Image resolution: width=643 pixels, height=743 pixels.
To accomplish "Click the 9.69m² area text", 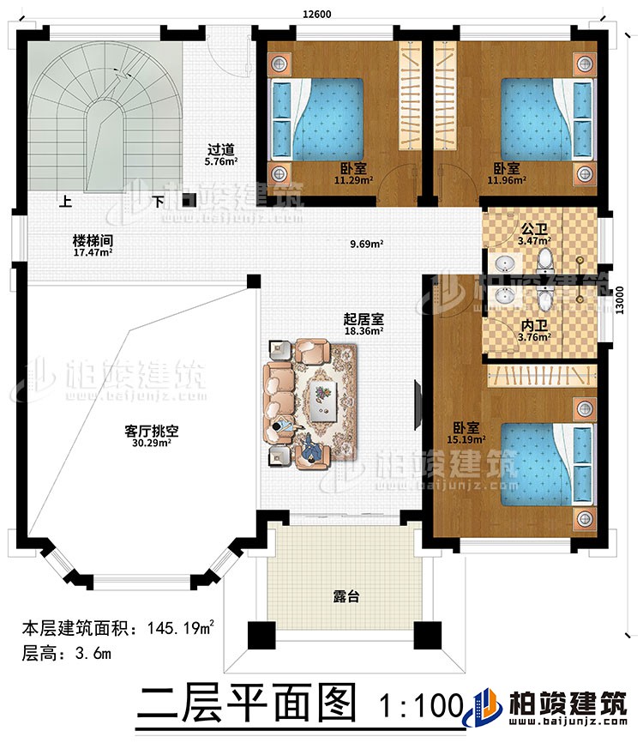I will [x=366, y=244].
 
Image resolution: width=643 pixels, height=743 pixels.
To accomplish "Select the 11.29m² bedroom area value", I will [x=352, y=181].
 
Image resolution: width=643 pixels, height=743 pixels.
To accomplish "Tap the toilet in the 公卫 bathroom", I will [x=544, y=257].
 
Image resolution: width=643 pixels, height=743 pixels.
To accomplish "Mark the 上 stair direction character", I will [x=64, y=204].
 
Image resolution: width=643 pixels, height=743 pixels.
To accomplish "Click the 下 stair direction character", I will [x=159, y=204].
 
